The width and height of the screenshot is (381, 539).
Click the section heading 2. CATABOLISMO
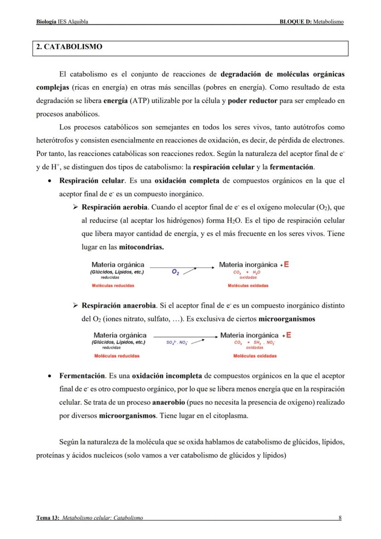pos(69,47)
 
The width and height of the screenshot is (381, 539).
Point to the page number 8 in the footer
pos(340,518)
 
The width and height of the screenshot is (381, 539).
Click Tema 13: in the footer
pos(48,518)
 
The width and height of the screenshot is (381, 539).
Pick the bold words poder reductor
pos(253,100)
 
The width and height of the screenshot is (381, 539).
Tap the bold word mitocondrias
pos(141,247)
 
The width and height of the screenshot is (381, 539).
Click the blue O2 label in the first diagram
pos(175,272)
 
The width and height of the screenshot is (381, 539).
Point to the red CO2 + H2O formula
pos(248,272)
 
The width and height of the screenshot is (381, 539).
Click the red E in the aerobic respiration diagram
pos(286,265)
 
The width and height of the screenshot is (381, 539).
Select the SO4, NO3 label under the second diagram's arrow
pos(177,342)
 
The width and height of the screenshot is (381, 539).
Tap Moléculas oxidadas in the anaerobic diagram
pos(255,356)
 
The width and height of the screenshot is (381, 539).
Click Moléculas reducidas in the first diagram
pos(113,285)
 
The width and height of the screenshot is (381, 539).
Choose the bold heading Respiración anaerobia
pos(118,306)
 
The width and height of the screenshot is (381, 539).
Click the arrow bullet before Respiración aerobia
pos(76,207)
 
